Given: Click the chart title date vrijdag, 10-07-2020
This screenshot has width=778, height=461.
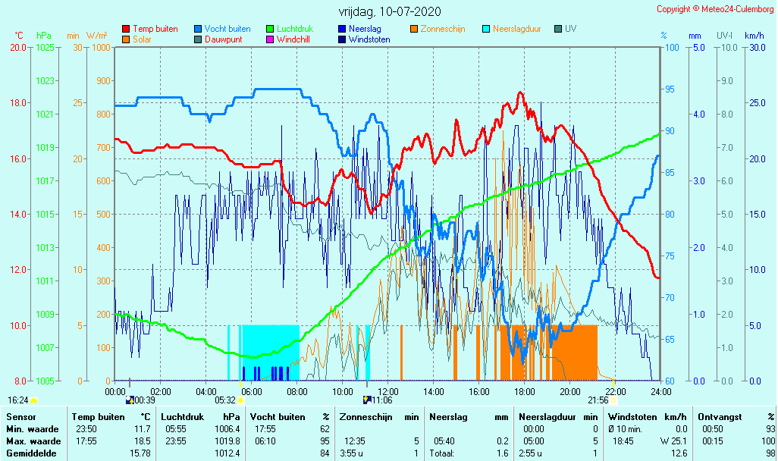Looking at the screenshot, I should pyautogui.click(x=389, y=12).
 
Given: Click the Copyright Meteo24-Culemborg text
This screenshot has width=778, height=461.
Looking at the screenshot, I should pyautogui.click(x=715, y=8).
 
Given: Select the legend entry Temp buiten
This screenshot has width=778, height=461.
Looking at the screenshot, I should pyautogui.click(x=155, y=29).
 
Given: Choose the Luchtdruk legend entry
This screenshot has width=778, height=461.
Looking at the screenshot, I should pyautogui.click(x=295, y=29).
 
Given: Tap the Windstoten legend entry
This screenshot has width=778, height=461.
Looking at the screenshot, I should pyautogui.click(x=369, y=39).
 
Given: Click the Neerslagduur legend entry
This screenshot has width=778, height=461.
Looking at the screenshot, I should pyautogui.click(x=517, y=29).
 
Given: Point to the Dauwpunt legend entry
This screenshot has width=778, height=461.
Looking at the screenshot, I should pyautogui.click(x=223, y=39).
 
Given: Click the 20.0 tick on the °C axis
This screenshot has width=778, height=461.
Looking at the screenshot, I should pyautogui.click(x=18, y=47).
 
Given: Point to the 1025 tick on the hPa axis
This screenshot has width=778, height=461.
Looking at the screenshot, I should pyautogui.click(x=45, y=47).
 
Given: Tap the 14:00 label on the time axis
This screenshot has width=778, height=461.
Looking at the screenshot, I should pyautogui.click(x=433, y=391).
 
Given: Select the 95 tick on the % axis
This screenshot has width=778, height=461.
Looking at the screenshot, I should pyautogui.click(x=670, y=89).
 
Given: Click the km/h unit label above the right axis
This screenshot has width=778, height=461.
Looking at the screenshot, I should pyautogui.click(x=754, y=36).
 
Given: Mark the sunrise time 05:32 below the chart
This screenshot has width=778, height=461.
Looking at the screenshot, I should pyautogui.click(x=225, y=400).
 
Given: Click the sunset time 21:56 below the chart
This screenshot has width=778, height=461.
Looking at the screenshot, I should pyautogui.click(x=598, y=400).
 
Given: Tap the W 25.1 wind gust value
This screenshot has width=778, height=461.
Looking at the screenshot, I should pyautogui.click(x=672, y=441).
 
